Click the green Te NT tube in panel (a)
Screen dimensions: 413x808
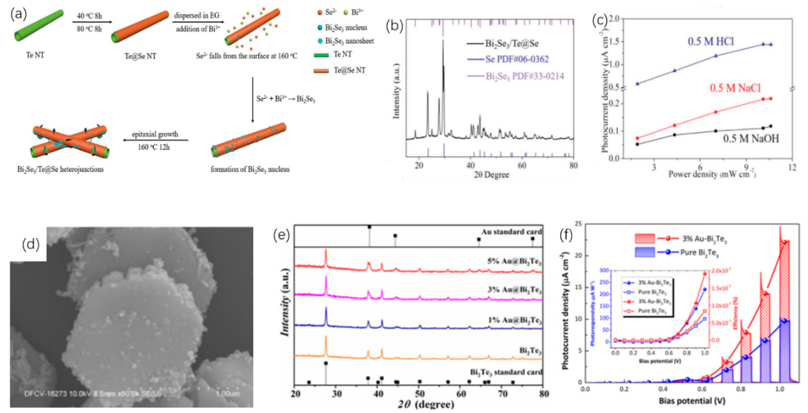point(38,25)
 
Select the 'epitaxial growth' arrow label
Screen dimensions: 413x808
point(155,134)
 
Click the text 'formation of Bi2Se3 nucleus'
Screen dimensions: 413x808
point(250,170)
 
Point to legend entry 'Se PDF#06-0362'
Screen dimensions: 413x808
point(517,59)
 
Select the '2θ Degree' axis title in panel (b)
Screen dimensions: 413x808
point(491,175)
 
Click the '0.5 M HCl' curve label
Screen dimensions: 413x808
point(710,42)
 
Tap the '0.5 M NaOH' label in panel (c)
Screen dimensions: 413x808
point(750,139)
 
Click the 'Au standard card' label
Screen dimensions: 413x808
point(511,232)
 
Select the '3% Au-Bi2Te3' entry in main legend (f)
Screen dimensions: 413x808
point(704,239)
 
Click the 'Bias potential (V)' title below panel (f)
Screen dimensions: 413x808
point(692,401)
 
